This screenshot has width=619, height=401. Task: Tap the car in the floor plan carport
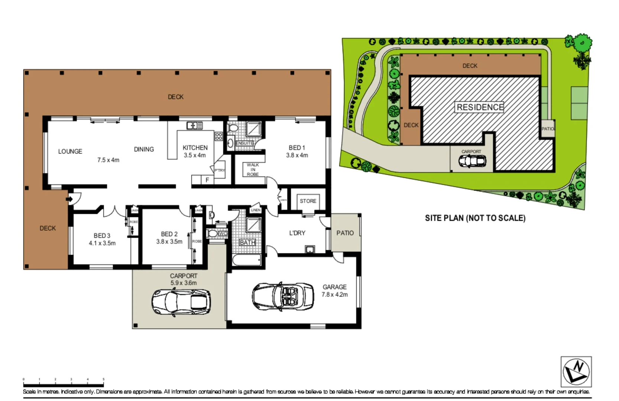tap(181, 302)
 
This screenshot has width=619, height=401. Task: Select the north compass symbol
tap(576, 372)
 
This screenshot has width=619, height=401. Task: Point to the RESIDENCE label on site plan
tap(480, 107)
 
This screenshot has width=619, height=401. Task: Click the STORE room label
tap(308, 201)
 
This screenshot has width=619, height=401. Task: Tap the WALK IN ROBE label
tap(253, 169)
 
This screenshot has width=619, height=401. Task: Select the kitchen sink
tap(194, 125)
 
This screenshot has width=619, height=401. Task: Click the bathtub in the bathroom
tap(247, 260)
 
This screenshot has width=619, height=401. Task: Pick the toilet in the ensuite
tap(233, 128)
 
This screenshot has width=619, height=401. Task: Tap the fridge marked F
tap(207, 180)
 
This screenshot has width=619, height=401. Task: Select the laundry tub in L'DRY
tap(309, 249)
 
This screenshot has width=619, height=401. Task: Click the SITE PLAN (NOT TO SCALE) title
tap(475, 218)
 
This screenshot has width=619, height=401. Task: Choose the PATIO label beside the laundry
tap(345, 233)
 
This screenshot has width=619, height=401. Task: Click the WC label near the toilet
tap(223, 234)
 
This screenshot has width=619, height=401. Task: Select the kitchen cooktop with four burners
tap(218, 136)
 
